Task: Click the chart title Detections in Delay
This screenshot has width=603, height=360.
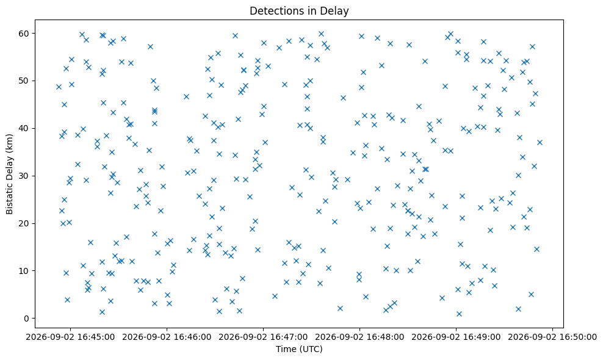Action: click(x=299, y=11)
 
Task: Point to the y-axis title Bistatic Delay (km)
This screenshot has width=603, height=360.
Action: click(x=9, y=174)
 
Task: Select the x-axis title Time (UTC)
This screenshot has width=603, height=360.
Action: click(x=299, y=349)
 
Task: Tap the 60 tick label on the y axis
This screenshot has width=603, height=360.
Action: click(x=24, y=34)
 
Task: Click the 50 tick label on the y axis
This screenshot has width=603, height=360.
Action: click(x=24, y=81)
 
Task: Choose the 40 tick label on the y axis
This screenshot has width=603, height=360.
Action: click(x=24, y=129)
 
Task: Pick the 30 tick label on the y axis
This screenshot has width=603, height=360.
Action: click(x=24, y=176)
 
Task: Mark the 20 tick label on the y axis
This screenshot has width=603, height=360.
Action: click(x=24, y=223)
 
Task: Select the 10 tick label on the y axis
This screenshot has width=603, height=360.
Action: click(x=24, y=271)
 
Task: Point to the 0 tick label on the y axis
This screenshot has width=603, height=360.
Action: click(x=27, y=319)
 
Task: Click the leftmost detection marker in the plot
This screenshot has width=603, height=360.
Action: click(x=59, y=87)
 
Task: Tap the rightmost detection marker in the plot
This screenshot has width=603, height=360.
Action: click(x=540, y=142)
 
